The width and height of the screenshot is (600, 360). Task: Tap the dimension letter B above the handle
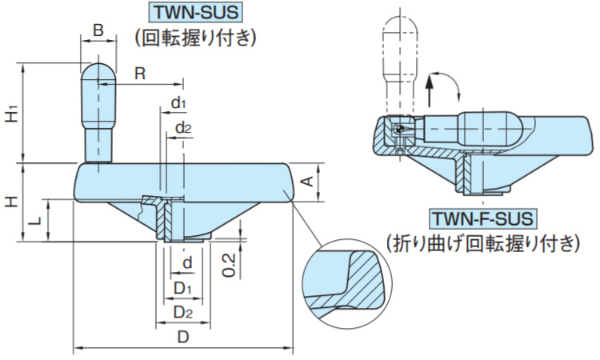point(98,30)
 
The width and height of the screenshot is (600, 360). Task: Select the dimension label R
point(139,74)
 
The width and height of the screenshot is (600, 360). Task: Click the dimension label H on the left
point(11,202)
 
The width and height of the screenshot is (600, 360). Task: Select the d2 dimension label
point(182,128)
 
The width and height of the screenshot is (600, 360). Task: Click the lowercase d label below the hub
point(186,263)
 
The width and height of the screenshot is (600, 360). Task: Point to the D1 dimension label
point(183,286)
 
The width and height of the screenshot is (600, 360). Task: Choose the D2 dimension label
point(183,311)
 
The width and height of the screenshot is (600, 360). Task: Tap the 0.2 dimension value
point(229,263)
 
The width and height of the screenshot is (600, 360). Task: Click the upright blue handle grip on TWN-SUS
point(98,112)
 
